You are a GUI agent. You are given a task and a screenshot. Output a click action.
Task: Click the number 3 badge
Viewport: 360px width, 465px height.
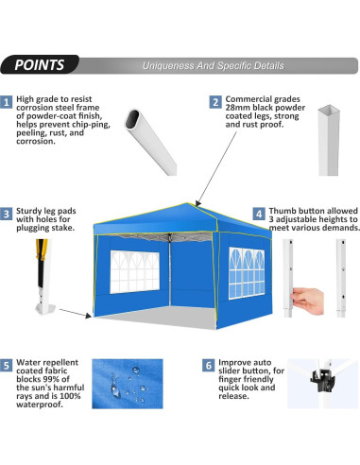[x=7, y=215]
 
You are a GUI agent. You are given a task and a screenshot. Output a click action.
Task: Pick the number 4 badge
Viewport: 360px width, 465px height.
[x=260, y=215]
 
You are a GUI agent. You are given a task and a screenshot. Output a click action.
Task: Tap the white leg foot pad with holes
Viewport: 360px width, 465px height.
[x=43, y=307]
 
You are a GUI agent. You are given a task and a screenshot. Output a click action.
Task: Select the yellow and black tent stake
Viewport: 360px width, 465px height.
[x=41, y=265]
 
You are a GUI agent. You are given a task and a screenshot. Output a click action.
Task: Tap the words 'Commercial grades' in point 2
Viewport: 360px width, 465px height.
[x=257, y=98]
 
